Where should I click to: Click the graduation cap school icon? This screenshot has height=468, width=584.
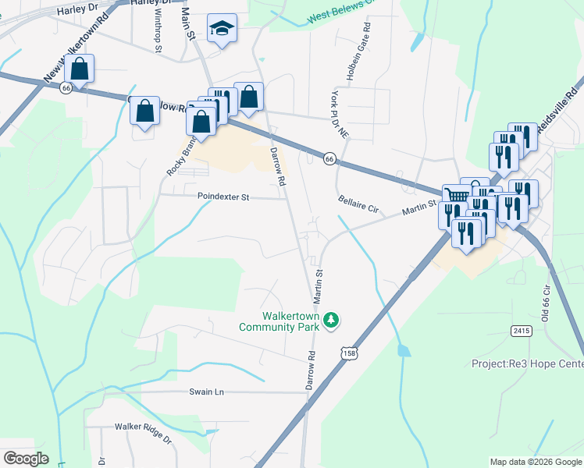pyautogui.click(x=222, y=30)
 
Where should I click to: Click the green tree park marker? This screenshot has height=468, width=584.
pyautogui.click(x=332, y=320)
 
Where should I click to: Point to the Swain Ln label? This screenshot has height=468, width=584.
pyautogui.click(x=206, y=392)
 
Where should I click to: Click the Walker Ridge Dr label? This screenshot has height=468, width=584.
pyautogui.click(x=143, y=427)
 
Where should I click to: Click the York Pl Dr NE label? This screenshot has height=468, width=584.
pyautogui.click(x=339, y=114)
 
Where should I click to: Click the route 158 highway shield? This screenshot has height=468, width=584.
pyautogui.click(x=347, y=353)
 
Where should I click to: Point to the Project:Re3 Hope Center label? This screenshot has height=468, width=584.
pyautogui.click(x=527, y=363)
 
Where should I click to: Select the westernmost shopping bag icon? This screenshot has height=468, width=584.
pyautogui.click(x=80, y=69)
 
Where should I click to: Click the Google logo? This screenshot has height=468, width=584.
pyautogui.click(x=26, y=459)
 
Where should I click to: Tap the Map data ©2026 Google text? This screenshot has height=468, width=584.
pyautogui.click(x=535, y=462)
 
